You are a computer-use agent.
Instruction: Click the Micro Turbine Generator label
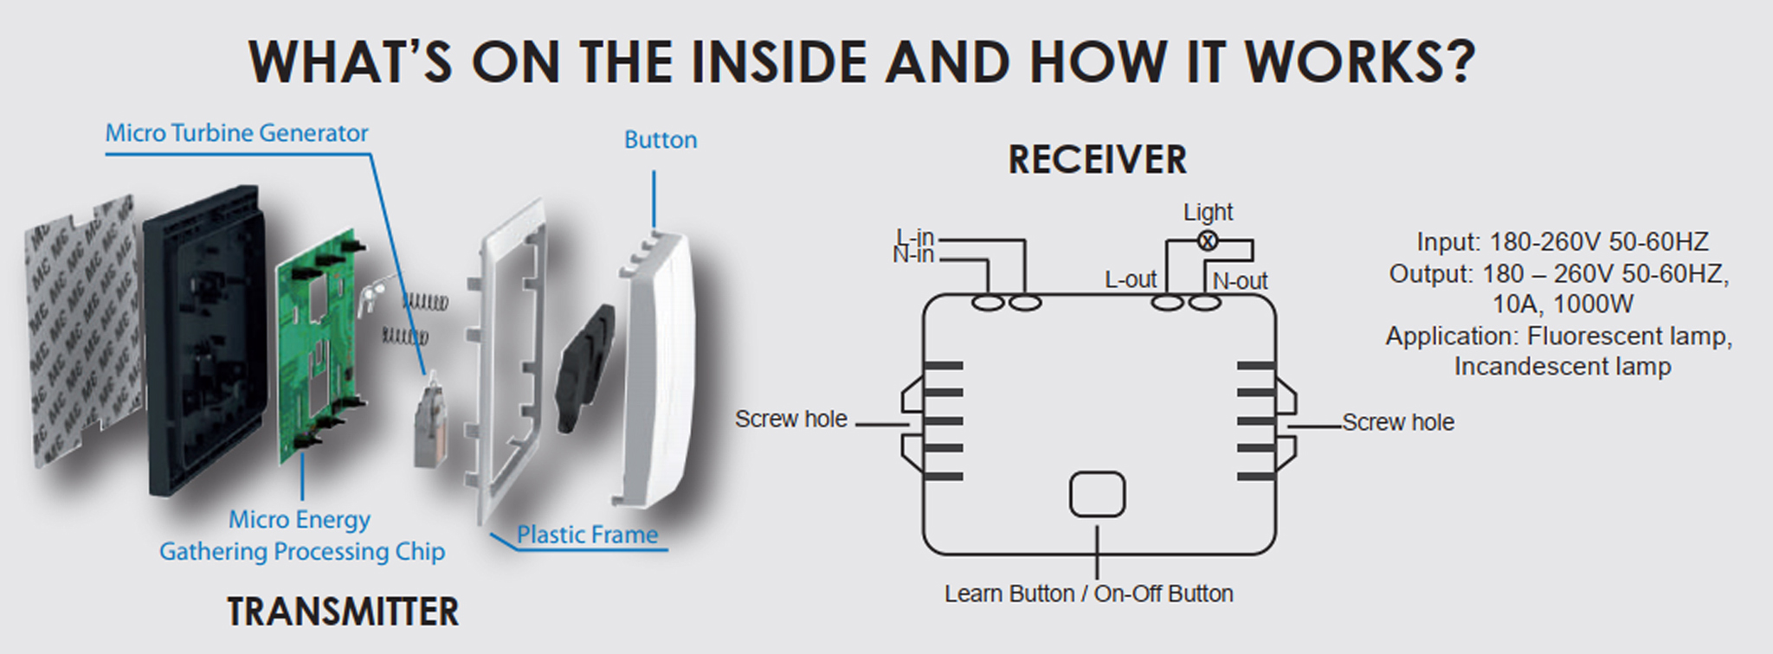tap(236, 133)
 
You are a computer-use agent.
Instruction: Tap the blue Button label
tap(661, 140)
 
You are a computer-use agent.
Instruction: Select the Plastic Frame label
tap(587, 535)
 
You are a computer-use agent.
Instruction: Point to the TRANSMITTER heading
tap(343, 612)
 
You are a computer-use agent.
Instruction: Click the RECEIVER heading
tap(1098, 160)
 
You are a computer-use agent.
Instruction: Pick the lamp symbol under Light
tap(1207, 241)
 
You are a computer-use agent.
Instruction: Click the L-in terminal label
tap(915, 237)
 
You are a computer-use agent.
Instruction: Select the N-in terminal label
tap(913, 254)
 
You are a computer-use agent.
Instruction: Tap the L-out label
tap(1130, 279)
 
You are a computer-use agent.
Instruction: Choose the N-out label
tap(1240, 281)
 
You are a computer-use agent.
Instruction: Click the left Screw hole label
tap(790, 420)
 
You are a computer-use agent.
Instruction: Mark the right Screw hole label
tap(1398, 422)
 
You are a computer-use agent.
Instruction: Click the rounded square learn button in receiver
tap(1097, 495)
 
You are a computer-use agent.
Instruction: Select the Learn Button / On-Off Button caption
tap(1088, 594)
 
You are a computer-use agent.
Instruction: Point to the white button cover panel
tap(660, 372)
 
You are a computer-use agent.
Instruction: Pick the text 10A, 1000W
tap(1562, 305)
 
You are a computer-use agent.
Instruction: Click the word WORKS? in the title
tap(1359, 62)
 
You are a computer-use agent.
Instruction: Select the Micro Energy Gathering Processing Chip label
tap(301, 536)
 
